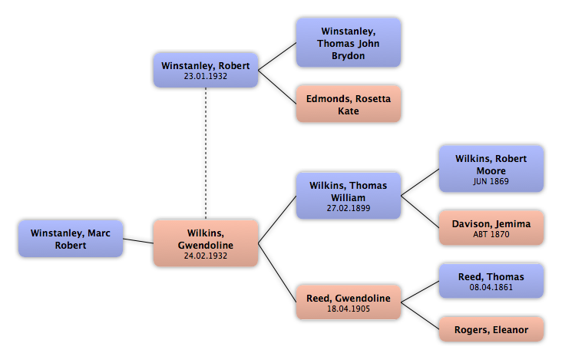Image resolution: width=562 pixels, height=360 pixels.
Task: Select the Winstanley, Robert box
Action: click(205, 70)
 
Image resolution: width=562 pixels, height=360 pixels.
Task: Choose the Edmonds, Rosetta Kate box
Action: click(348, 104)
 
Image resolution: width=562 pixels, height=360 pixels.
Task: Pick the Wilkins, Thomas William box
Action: click(348, 196)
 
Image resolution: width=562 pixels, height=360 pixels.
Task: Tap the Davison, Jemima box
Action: click(491, 228)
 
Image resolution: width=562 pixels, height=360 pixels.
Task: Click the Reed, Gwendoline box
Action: click(348, 302)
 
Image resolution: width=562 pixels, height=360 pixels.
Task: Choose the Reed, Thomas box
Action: click(491, 281)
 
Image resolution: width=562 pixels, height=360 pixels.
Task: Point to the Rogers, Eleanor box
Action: click(491, 330)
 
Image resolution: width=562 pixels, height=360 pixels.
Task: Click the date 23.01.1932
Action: click(205, 76)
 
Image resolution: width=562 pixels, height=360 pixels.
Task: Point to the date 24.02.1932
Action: click(205, 256)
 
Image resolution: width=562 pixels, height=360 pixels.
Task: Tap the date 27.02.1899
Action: click(348, 207)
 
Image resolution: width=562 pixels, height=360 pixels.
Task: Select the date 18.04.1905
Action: click(348, 309)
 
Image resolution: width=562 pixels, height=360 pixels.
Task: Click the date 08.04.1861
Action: click(491, 288)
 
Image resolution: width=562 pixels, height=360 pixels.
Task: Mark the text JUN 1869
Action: click(491, 181)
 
